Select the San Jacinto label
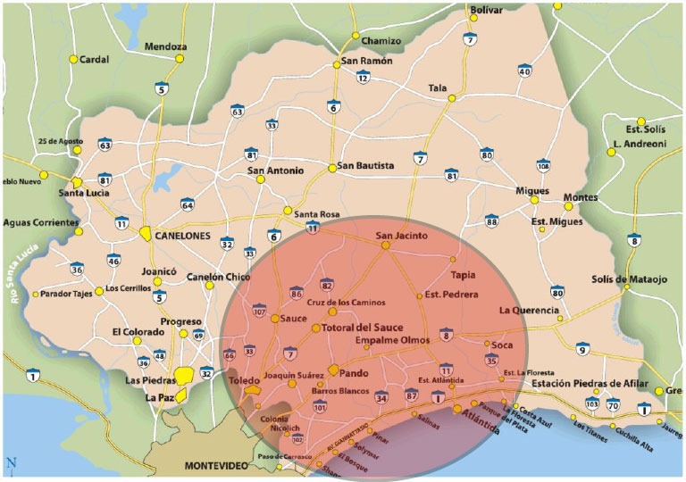[x=401, y=237]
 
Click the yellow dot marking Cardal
[x=73, y=60]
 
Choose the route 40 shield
[x=524, y=71]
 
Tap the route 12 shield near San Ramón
[x=363, y=78]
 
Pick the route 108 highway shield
[x=543, y=165]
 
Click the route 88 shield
[x=491, y=220]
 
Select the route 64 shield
[x=187, y=204]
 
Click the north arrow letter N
[x=11, y=462]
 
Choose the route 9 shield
[x=582, y=349]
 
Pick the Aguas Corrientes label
[x=41, y=223]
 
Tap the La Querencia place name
[x=529, y=311]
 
